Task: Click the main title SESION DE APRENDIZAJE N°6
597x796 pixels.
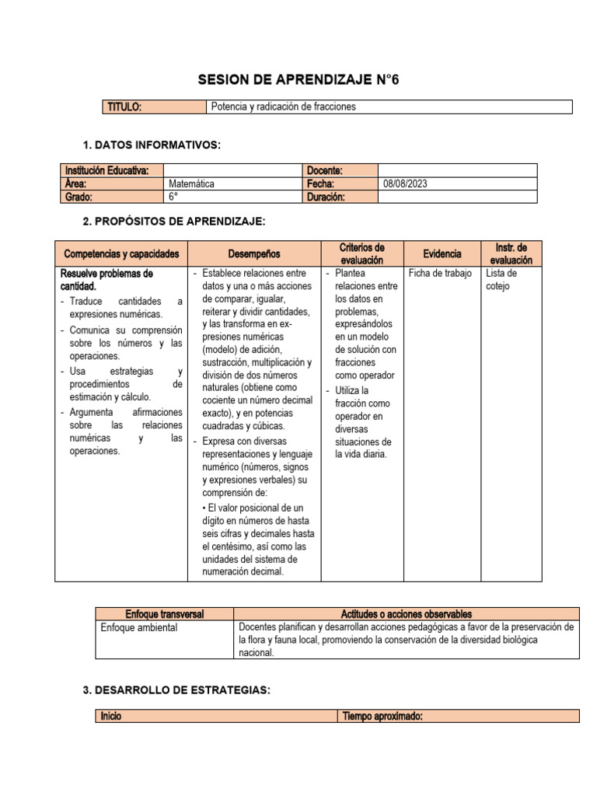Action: [298, 80]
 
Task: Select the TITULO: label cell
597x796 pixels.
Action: [124, 107]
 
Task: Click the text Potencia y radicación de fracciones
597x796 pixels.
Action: [283, 107]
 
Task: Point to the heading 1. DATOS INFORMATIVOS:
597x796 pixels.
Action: [152, 145]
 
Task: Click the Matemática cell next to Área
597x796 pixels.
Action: [191, 184]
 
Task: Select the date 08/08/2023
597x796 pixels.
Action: [405, 184]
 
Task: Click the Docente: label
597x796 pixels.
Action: [325, 170]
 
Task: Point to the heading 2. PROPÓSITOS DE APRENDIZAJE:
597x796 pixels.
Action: [174, 222]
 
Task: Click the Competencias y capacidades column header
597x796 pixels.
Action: [121, 254]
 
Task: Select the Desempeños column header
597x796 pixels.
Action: [254, 254]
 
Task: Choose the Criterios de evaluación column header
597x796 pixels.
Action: [362, 254]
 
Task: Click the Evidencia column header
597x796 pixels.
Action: [442, 254]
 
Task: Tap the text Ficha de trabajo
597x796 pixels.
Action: [439, 274]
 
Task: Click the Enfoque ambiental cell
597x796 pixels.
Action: [139, 627]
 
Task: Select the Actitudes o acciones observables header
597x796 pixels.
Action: [406, 614]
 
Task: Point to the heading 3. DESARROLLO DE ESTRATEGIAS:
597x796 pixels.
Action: [176, 690]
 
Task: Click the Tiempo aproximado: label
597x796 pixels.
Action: [382, 716]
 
